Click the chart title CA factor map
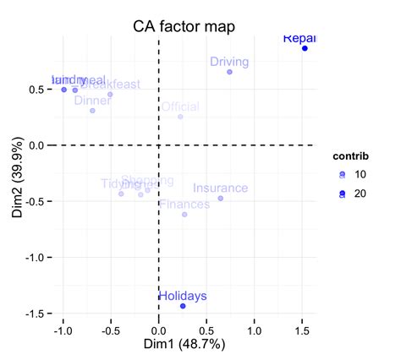(x=184, y=26)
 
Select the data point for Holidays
(x=183, y=306)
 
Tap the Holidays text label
(x=182, y=296)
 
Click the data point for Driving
(x=229, y=72)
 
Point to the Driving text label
(x=228, y=62)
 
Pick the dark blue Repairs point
(x=305, y=48)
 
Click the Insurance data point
(x=221, y=199)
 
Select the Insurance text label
(x=220, y=188)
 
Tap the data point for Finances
(x=184, y=215)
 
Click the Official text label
(x=179, y=107)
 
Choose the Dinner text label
(x=92, y=101)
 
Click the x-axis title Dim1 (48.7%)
(x=183, y=345)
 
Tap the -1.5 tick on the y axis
(x=40, y=314)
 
